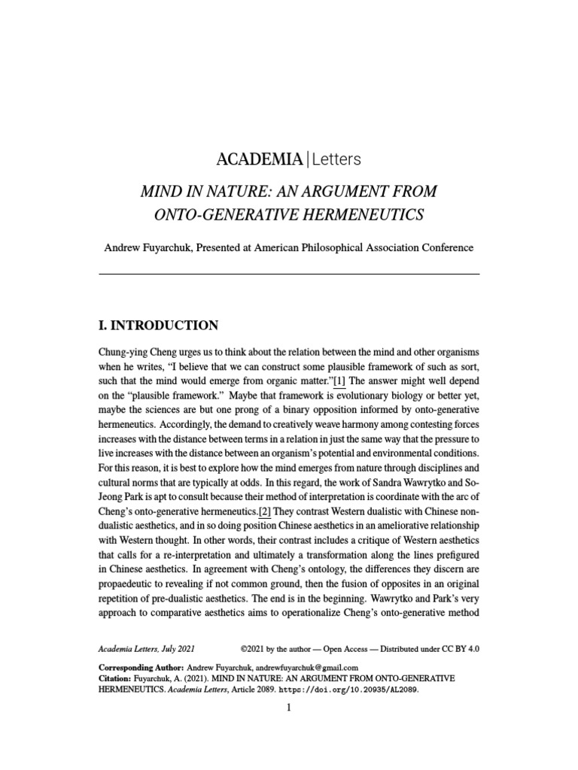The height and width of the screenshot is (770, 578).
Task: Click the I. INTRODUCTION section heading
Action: click(159, 326)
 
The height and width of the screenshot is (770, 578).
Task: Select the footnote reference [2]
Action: click(264, 490)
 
